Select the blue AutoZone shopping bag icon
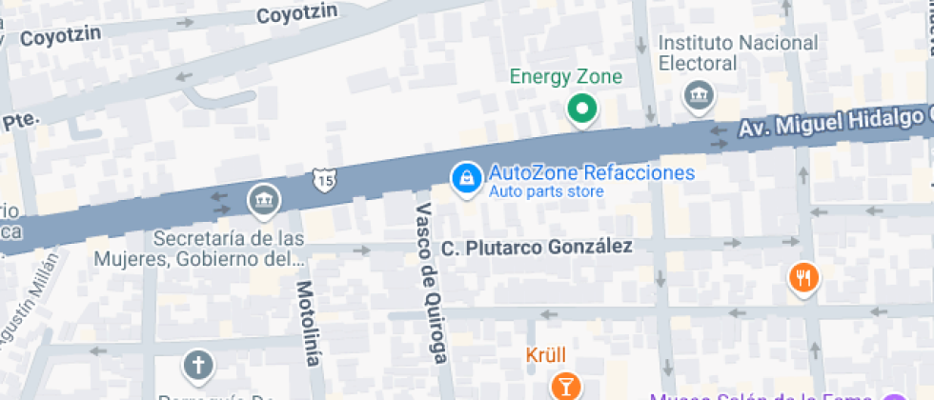[466, 177]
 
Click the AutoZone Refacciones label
[591, 173]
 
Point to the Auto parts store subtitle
[546, 192]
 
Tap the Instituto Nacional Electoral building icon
[699, 94]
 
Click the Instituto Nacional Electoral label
[739, 53]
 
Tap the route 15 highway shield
[323, 178]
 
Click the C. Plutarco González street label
[537, 248]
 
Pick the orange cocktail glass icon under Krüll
[565, 386]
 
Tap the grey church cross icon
[198, 365]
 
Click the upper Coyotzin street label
[296, 14]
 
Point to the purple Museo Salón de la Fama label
[762, 395]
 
